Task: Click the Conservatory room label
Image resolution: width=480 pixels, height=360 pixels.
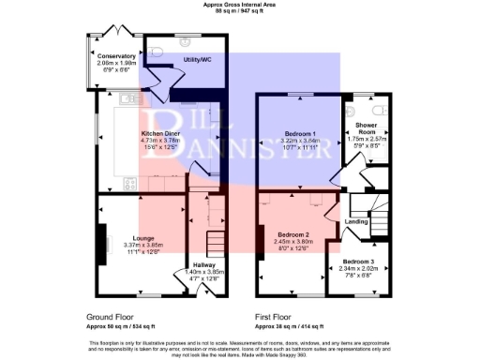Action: (116, 56)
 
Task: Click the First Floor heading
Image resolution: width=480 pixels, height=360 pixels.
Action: (278, 317)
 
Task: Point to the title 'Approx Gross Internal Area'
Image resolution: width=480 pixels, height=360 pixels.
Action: (239, 4)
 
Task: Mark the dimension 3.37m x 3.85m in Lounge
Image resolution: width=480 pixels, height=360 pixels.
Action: (142, 245)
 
